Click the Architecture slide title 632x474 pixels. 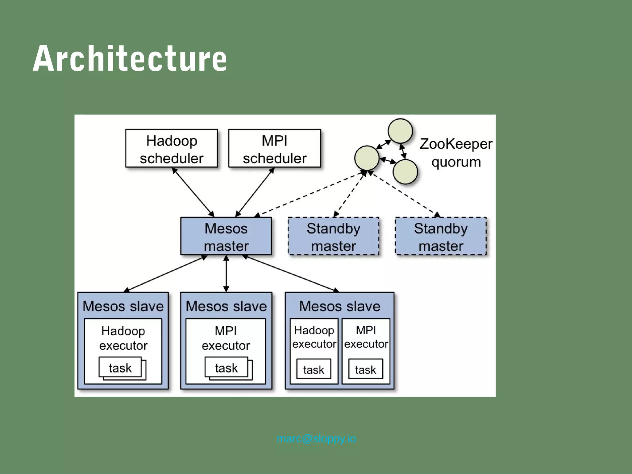pos(130,59)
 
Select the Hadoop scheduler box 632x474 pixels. pos(172,149)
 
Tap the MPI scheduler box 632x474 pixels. pos(274,149)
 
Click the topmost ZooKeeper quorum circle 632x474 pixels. pos(400,131)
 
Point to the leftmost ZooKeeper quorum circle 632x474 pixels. pos(367,158)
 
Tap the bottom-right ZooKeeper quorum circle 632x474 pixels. pos(405,172)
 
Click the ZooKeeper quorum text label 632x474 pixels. pos(456,153)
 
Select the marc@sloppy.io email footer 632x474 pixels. pos(316,439)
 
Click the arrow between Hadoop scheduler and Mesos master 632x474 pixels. pos(193,192)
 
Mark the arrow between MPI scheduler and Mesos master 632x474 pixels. pos(255,192)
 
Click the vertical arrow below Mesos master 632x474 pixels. pos(226,274)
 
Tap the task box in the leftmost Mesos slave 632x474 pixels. pos(120,368)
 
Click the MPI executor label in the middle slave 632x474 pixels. pos(226,338)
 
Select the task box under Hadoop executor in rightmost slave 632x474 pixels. pos(314,369)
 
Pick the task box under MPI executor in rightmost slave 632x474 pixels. pos(365,369)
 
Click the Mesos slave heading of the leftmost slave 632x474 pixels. pos(123,306)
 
